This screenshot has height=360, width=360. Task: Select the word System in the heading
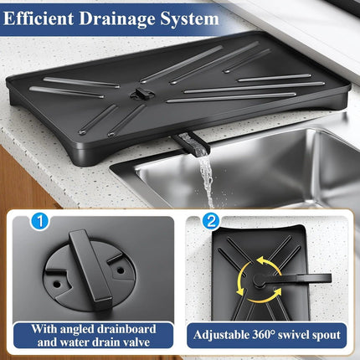click(193, 18)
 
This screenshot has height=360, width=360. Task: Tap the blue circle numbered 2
click(212, 224)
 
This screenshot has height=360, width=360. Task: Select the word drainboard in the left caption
click(126, 329)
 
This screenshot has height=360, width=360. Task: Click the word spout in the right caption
click(326, 336)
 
